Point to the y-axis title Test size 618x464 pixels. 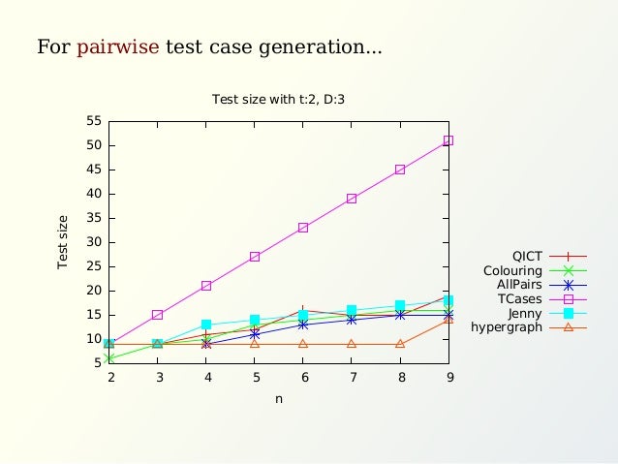[63, 242]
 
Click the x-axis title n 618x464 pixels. [279, 398]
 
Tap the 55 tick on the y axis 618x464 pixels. [94, 121]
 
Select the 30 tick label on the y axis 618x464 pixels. [94, 242]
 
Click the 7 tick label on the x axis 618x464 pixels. [352, 378]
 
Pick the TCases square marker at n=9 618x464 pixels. [448, 140]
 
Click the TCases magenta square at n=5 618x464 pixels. [255, 257]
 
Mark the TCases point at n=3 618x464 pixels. [157, 315]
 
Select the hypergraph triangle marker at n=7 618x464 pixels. [352, 344]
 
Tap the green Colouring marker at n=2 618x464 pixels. [108, 358]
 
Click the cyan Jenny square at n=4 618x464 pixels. [206, 325]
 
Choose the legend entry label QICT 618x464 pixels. [527, 256]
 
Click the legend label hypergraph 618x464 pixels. [507, 327]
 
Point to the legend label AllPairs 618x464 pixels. [519, 285]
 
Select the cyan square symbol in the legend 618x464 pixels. [569, 313]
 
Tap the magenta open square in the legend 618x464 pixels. [569, 299]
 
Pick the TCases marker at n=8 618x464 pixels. [400, 170]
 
